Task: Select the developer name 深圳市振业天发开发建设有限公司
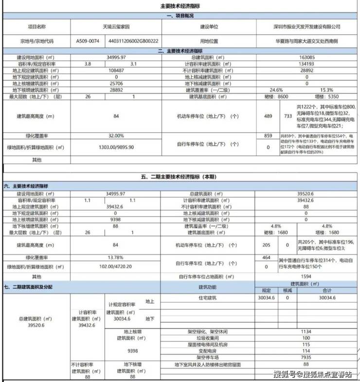306,28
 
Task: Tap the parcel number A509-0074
88,41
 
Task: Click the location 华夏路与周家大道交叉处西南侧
305,41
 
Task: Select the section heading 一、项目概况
180,17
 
